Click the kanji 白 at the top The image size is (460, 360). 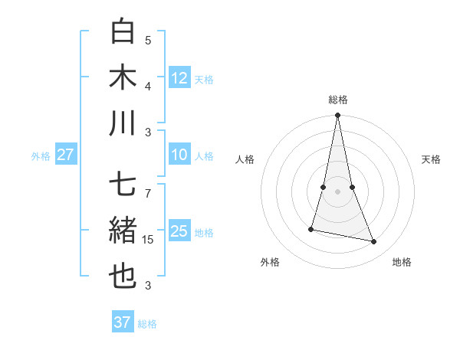123,31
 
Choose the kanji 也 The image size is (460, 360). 123,277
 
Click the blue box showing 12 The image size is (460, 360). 179,77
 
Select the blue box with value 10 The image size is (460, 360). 179,155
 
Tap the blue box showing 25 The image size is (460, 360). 179,231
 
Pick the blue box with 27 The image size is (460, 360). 65,155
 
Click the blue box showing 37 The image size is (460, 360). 123,322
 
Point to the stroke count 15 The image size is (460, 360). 149,241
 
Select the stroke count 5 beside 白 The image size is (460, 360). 148,40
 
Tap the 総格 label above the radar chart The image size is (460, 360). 338,100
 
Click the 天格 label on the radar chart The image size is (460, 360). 431,159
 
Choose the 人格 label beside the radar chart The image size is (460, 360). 245,159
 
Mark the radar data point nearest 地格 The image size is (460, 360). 374,242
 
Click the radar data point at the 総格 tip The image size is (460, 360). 338,116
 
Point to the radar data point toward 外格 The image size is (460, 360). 311,229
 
